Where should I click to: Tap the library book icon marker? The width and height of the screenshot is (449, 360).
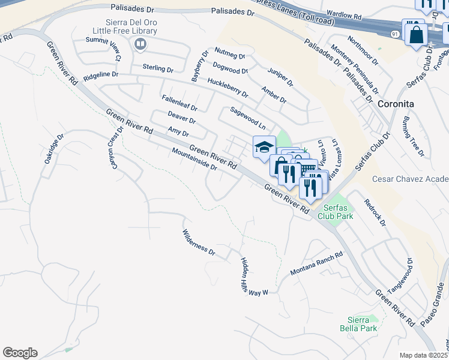coord(140,44)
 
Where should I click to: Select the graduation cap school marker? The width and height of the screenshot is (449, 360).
coord(264,147)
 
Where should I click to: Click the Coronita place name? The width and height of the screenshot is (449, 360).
coord(396,103)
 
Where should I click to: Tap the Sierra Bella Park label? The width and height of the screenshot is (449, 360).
coord(363,324)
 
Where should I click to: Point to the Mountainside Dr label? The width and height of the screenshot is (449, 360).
coord(193,159)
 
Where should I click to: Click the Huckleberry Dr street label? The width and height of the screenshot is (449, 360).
coord(228,88)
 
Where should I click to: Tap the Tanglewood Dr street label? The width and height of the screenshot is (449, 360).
coord(402,275)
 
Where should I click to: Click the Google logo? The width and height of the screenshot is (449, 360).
coord(20,352)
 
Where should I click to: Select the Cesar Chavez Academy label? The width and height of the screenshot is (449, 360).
coord(410,179)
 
